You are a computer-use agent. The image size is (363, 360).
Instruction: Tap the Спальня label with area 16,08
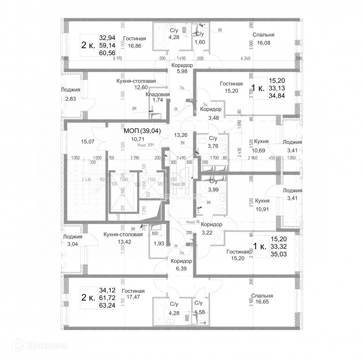pyautogui.click(x=263, y=35)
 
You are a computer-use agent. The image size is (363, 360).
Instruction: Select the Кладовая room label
pyautogui.click(x=158, y=94)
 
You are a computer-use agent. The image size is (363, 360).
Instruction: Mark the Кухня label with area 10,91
pyautogui.click(x=262, y=201)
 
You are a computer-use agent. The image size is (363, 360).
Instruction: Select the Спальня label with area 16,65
pyautogui.click(x=262, y=296)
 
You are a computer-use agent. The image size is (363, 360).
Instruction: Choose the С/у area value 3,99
pyautogui.click(x=213, y=190)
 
